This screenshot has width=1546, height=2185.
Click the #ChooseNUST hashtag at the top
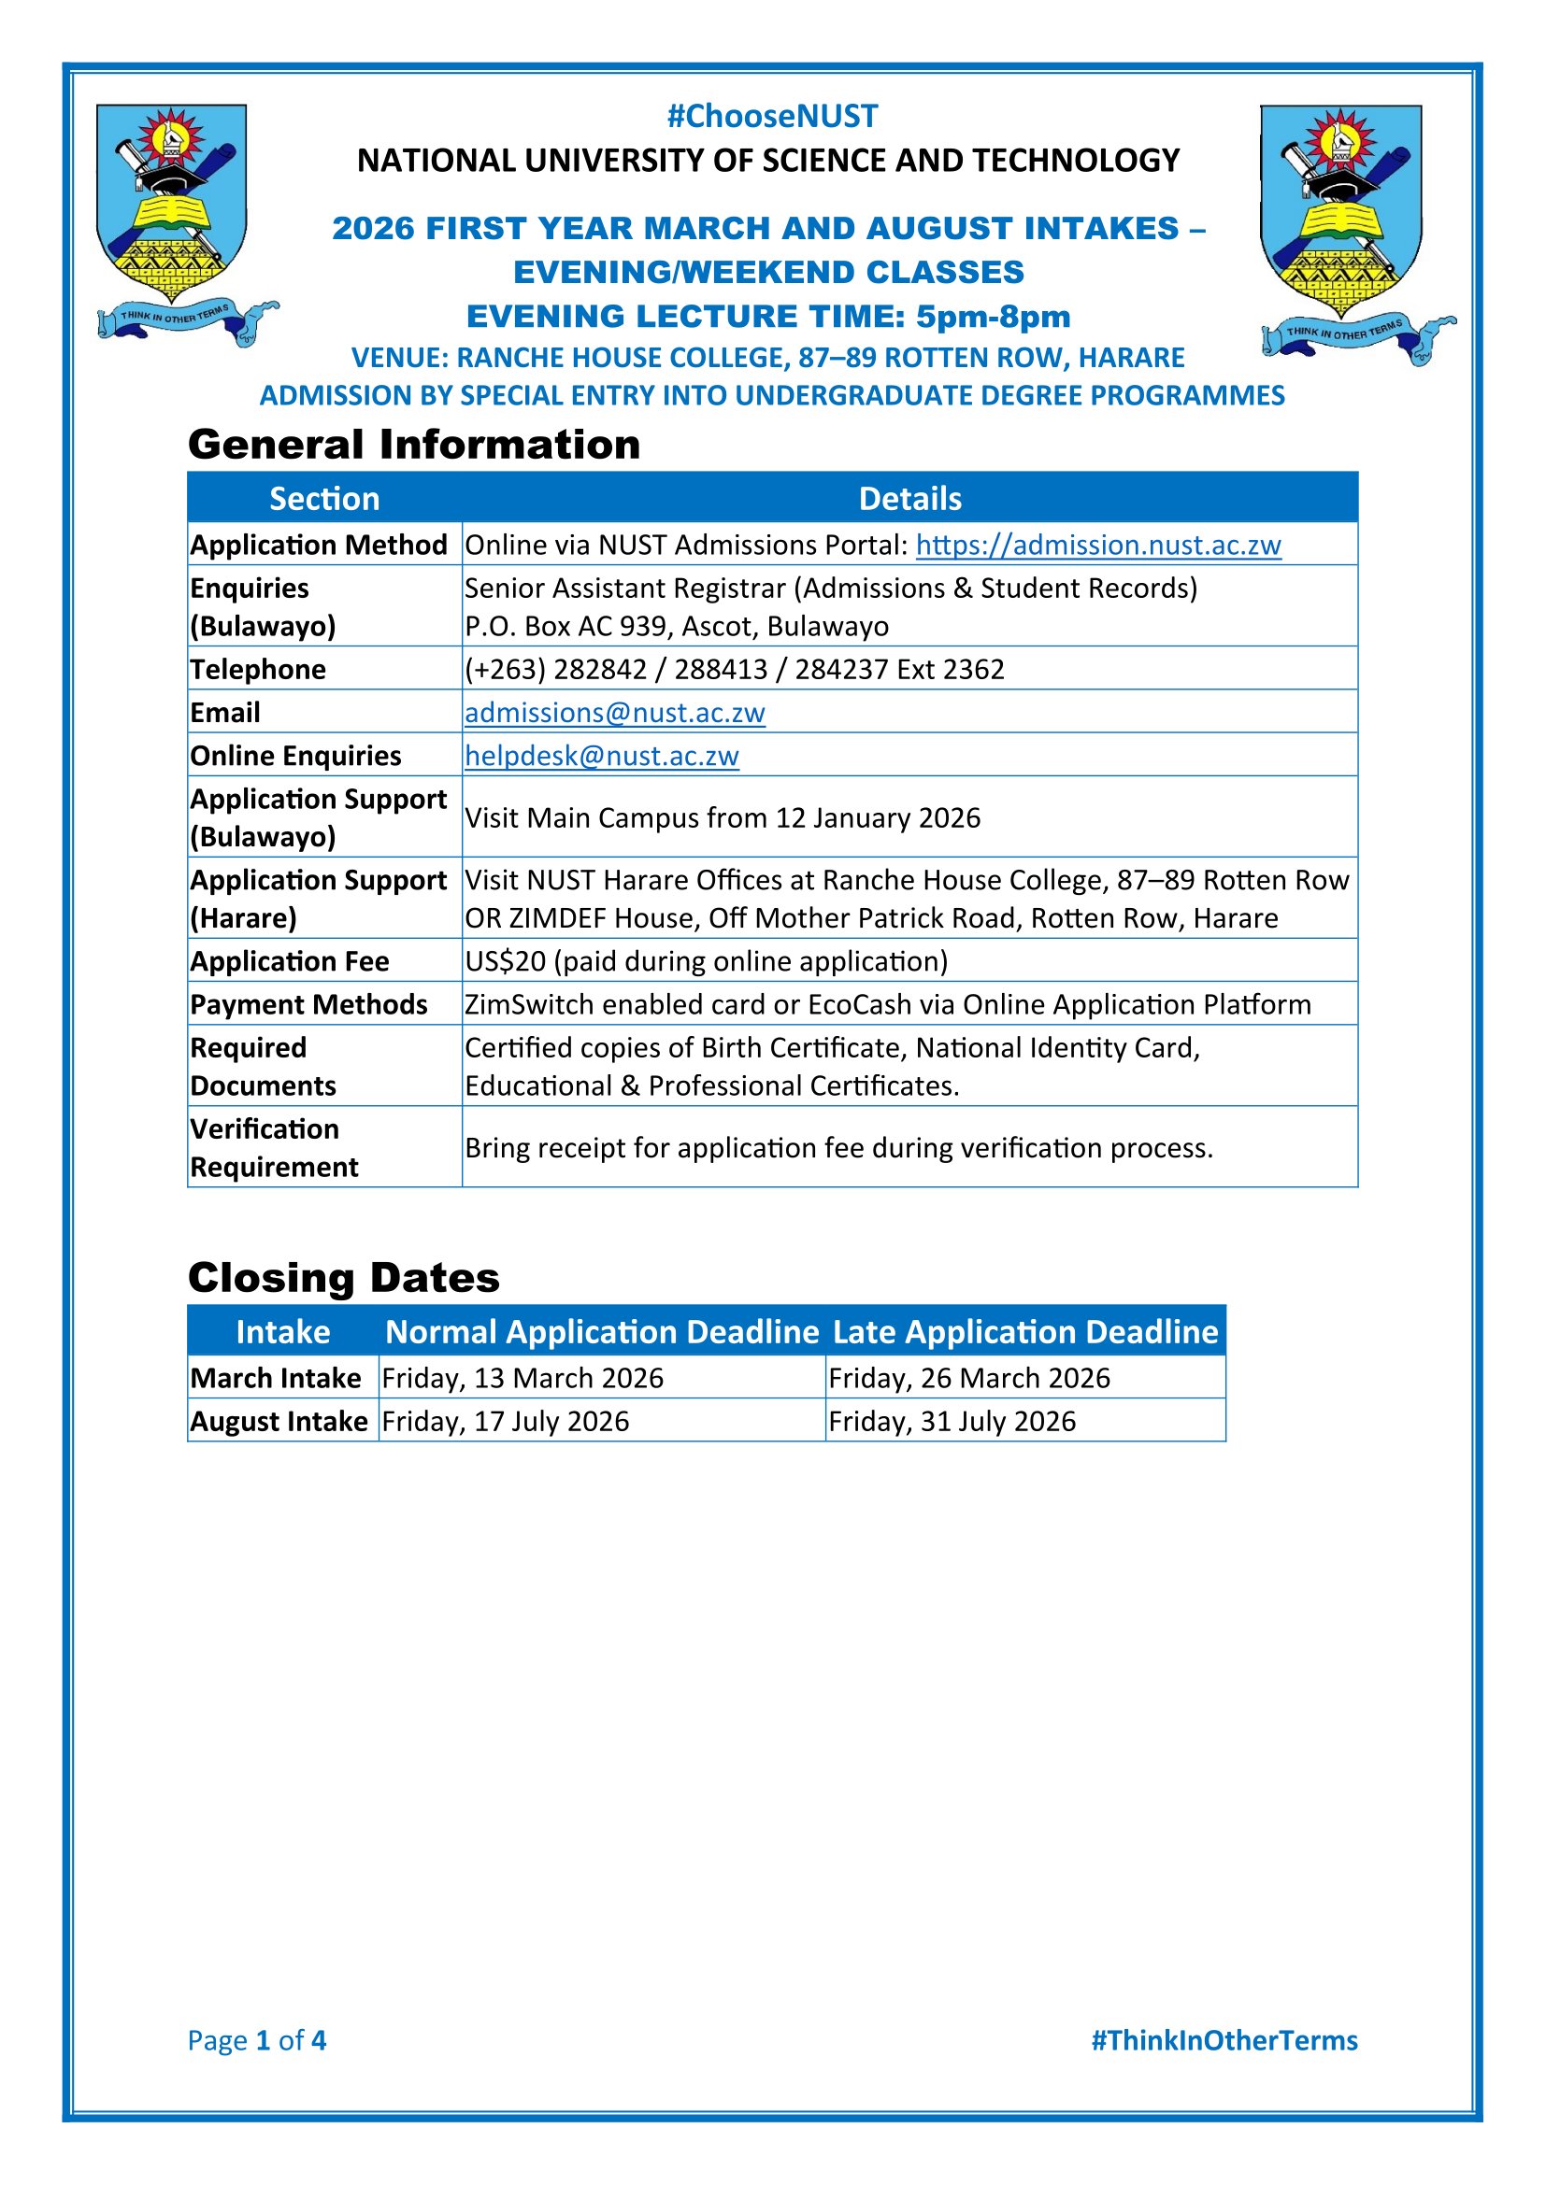click(x=772, y=116)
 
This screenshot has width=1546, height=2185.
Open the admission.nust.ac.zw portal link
click(x=1097, y=545)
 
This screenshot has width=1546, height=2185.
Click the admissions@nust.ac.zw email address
click(x=614, y=712)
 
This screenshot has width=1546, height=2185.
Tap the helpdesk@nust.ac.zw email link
click(x=602, y=755)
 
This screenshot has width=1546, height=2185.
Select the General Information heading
click(x=414, y=445)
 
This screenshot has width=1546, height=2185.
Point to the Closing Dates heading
click(x=344, y=1277)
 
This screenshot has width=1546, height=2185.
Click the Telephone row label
click(x=258, y=669)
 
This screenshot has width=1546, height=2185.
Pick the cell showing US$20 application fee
click(x=706, y=961)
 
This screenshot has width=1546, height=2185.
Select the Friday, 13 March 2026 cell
click(x=522, y=1378)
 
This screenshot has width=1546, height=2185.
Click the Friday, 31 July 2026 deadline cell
click(x=952, y=1421)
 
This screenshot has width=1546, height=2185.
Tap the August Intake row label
click(x=279, y=1421)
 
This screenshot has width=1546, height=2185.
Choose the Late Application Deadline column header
click(x=1025, y=1331)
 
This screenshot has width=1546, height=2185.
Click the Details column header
click(x=910, y=499)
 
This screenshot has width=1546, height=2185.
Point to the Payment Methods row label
click(x=308, y=1004)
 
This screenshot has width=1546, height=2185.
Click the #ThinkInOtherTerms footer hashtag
click(x=1224, y=2039)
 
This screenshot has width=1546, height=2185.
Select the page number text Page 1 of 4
click(x=257, y=2039)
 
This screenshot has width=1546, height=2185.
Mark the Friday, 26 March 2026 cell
click(x=969, y=1378)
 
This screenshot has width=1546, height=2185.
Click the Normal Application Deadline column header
click(x=602, y=1331)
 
